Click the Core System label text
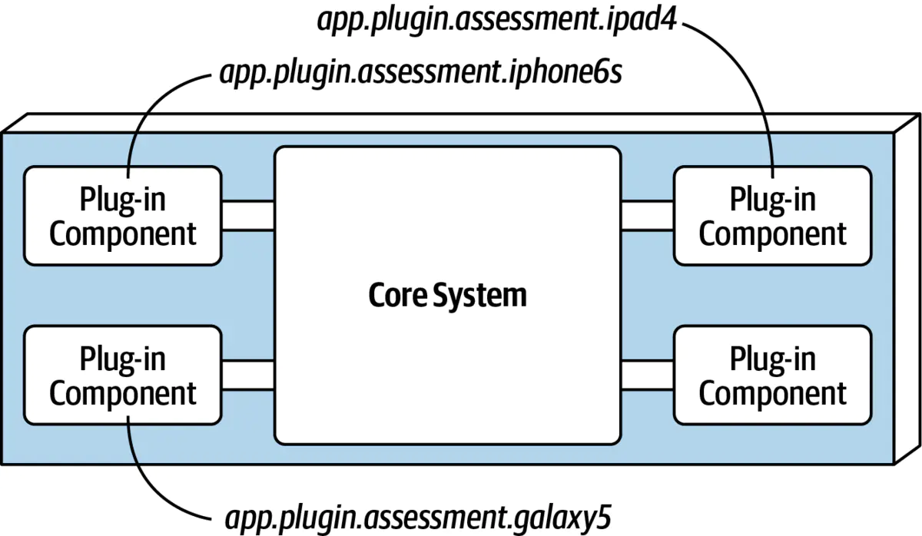447,295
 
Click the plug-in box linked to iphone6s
123,216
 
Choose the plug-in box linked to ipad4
772,216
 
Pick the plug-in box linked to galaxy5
123,376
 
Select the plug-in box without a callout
772,376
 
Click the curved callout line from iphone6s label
146,108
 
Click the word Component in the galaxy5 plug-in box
123,393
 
